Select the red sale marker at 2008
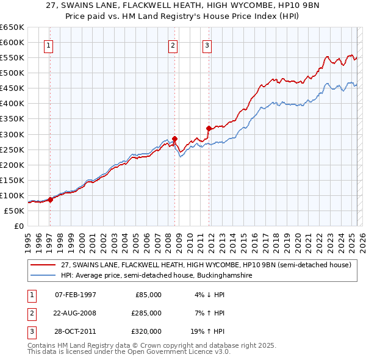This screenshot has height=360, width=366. click(x=174, y=138)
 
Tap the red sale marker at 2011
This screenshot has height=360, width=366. click(x=209, y=128)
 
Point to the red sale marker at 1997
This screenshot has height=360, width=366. click(x=50, y=200)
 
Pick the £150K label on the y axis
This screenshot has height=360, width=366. click(x=12, y=180)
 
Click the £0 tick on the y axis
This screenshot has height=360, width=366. click(x=18, y=226)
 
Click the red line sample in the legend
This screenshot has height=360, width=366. click(x=43, y=265)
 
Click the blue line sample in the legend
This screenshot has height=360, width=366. click(x=43, y=275)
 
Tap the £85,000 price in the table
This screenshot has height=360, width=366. click(x=146, y=295)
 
